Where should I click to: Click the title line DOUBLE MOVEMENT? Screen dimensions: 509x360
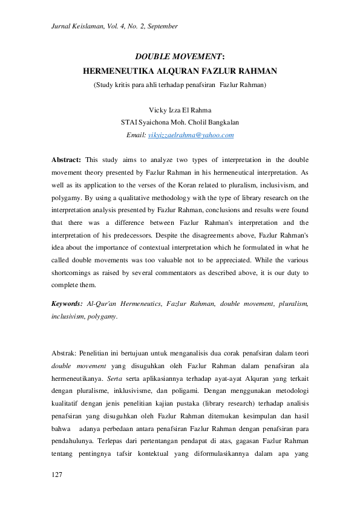tap(180, 57)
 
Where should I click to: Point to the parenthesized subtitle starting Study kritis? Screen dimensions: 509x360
tap(180, 85)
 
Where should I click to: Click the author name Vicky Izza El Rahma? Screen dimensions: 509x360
tap(180, 109)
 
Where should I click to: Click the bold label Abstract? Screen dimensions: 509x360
tap(66, 160)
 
